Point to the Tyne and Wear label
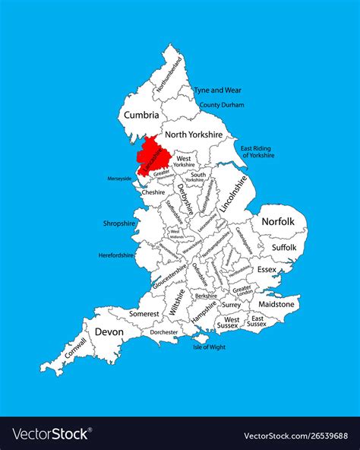point(217,90)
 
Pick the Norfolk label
point(279,222)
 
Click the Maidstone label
point(276,304)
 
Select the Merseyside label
point(119,179)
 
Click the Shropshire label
point(118,224)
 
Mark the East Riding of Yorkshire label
point(256,151)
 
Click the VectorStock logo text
point(52,436)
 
